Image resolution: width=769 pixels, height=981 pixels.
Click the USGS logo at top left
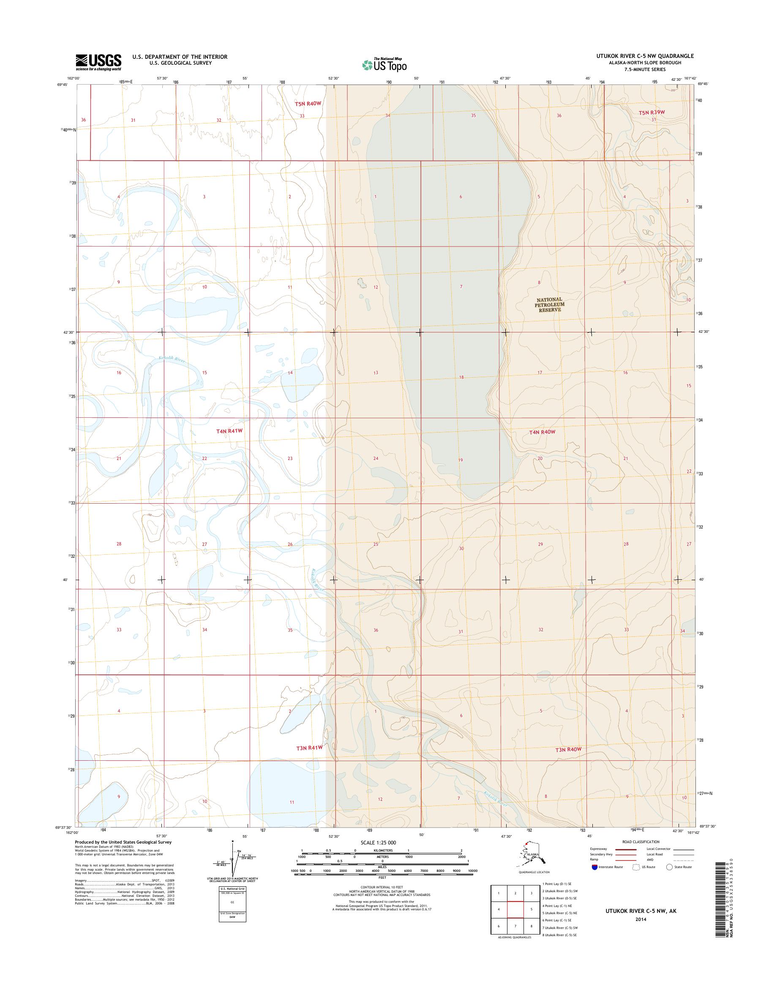(x=98, y=62)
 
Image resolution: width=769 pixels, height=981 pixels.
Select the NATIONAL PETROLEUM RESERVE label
(x=549, y=304)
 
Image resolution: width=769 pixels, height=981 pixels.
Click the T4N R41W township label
(x=229, y=431)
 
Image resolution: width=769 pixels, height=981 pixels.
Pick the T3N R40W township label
(x=568, y=749)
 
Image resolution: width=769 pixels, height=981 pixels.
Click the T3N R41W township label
(x=309, y=748)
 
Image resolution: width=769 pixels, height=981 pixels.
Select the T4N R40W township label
(x=542, y=432)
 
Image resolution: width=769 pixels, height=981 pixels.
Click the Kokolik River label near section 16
(x=172, y=359)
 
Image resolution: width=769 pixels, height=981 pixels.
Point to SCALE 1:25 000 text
(x=378, y=842)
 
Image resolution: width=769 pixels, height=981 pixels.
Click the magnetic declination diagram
(x=233, y=860)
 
